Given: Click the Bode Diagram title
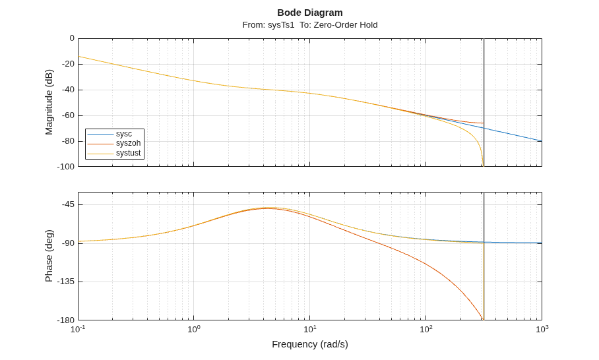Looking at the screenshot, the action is point(310,13).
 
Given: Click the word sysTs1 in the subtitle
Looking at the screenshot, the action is point(281,25).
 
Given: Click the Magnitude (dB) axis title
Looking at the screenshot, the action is point(49,102).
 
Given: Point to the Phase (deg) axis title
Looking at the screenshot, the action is point(49,256).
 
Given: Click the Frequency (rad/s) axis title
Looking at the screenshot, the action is point(310,344).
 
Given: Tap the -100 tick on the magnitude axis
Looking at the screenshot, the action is point(66,166).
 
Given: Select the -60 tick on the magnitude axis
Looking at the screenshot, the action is point(67,115).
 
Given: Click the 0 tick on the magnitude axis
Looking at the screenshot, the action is point(72,38).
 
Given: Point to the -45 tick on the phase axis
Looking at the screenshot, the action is point(67,204).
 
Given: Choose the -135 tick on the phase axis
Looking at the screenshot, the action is point(66,282).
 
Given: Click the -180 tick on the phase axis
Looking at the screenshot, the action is point(66,320).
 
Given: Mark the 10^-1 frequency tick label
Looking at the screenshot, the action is point(78,329).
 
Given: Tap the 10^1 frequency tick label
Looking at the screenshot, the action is point(310,329).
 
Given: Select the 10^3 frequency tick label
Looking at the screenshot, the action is point(542,329).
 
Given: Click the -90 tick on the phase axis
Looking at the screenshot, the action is point(67,243).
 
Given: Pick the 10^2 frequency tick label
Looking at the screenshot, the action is point(426,329).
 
